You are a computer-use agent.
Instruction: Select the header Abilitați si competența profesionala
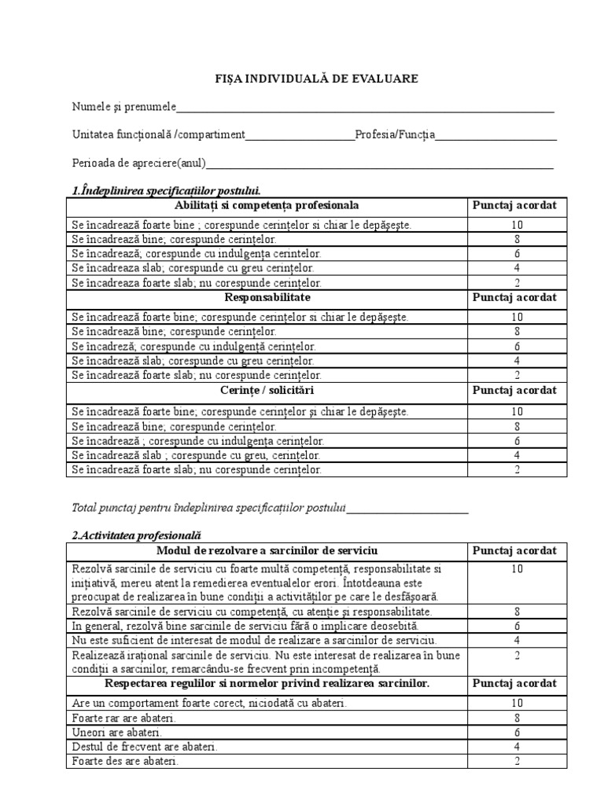(x=267, y=205)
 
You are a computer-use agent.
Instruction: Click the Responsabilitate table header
(x=267, y=298)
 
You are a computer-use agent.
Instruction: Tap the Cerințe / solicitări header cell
(x=267, y=391)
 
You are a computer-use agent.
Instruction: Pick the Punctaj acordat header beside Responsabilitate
(x=514, y=298)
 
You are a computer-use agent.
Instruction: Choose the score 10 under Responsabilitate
(x=517, y=318)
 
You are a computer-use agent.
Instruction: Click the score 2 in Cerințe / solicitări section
(x=517, y=470)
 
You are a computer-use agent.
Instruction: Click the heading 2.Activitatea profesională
(x=137, y=535)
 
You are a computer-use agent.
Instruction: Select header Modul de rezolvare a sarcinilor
(x=267, y=550)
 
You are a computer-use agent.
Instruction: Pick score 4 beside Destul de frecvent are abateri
(x=517, y=747)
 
